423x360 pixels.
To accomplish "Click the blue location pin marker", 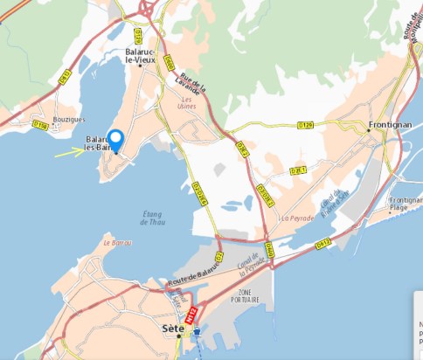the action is point(115,140).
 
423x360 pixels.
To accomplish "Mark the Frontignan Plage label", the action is point(403,205).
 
